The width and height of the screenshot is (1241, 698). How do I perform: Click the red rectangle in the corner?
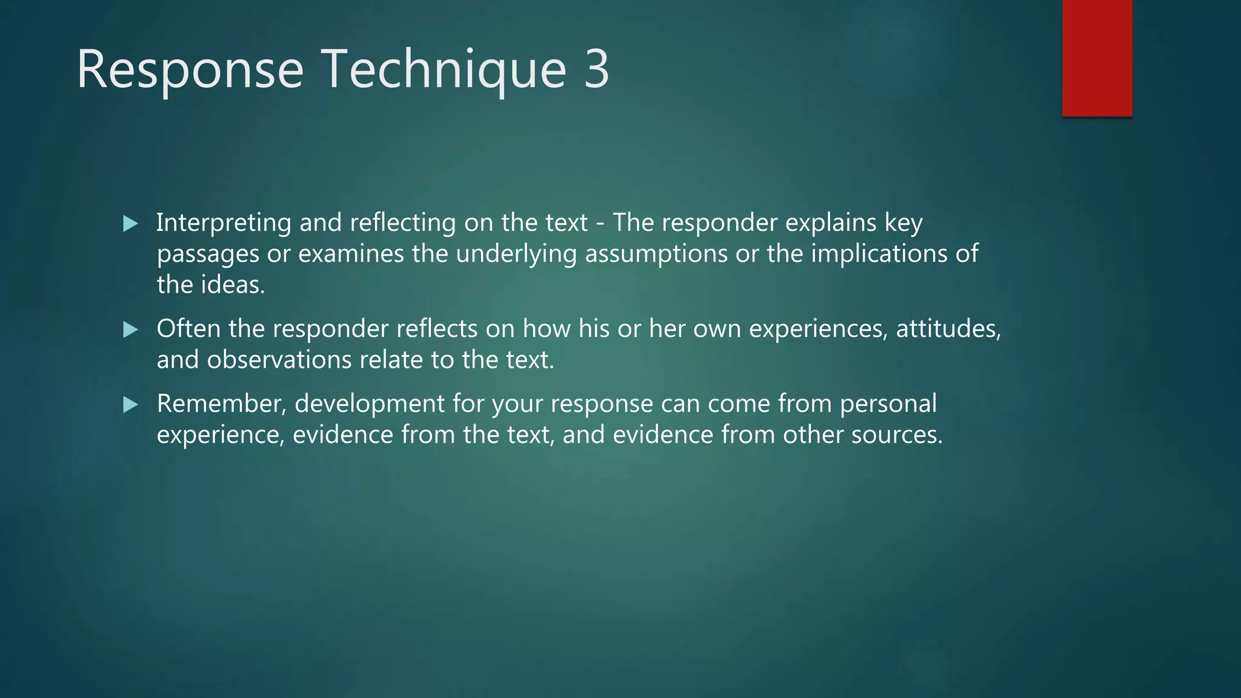click(1097, 58)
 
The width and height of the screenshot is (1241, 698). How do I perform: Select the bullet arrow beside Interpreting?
click(130, 224)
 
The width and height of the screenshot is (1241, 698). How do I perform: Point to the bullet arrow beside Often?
click(130, 330)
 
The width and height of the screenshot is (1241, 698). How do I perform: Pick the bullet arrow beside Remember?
click(130, 405)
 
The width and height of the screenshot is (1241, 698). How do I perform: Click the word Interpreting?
click(224, 223)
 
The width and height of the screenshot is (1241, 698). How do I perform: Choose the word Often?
click(188, 329)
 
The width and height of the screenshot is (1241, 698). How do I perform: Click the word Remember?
click(221, 404)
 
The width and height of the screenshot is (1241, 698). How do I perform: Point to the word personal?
click(888, 404)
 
